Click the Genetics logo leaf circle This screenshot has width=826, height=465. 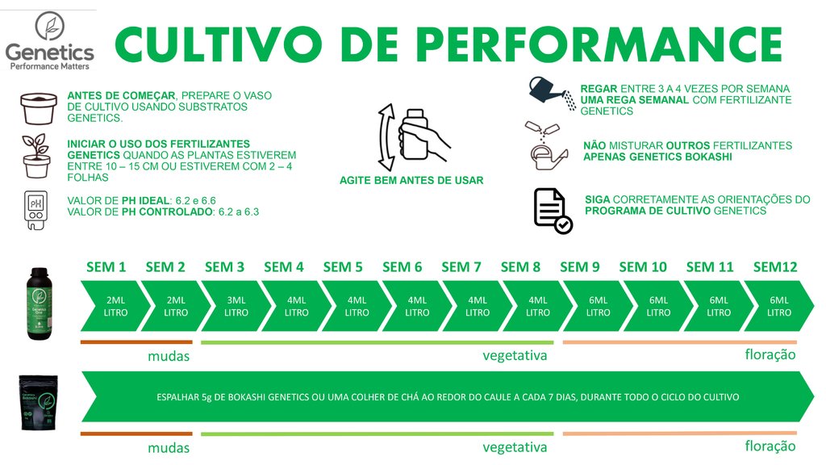(49, 27)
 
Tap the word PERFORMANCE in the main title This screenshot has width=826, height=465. (600, 45)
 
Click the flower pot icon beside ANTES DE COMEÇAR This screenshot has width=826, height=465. (39, 108)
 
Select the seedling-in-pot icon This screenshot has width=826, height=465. (36, 156)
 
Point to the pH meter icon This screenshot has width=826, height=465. (35, 211)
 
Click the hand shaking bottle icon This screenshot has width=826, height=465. (414, 137)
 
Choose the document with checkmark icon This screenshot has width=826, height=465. (553, 211)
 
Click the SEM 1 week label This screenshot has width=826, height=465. (106, 267)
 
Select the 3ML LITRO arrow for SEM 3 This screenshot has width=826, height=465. (236, 306)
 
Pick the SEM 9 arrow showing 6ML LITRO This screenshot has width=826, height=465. (599, 306)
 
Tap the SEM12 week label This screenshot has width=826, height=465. (775, 267)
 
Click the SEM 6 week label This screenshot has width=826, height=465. (402, 267)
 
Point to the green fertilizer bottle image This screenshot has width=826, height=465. (39, 304)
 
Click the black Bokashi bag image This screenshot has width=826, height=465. (39, 402)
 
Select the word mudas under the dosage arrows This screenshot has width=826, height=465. (169, 356)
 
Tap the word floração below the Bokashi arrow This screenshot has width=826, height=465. (770, 446)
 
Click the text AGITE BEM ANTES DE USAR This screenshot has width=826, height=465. (411, 180)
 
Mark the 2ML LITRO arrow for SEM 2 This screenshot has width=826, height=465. (176, 306)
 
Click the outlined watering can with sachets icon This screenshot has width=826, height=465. (548, 146)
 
